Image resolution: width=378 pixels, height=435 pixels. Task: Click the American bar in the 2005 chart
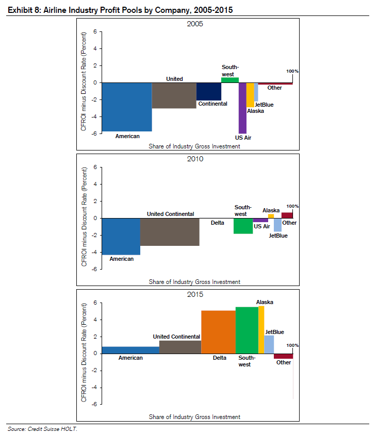click(x=126, y=107)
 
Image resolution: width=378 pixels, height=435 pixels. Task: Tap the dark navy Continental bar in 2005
click(x=209, y=91)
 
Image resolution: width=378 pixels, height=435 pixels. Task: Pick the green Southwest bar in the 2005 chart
click(x=230, y=80)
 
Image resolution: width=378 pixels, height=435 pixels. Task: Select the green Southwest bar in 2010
click(x=243, y=226)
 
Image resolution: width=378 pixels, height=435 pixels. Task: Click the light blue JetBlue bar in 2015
click(x=269, y=344)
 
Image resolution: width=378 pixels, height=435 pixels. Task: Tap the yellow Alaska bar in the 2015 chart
click(x=261, y=329)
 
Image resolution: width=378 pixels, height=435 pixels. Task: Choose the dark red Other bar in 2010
click(x=287, y=215)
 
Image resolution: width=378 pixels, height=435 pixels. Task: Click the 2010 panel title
click(x=195, y=159)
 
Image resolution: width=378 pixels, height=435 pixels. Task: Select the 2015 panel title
click(x=195, y=294)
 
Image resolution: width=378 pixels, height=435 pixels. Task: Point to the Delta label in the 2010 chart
click(x=218, y=223)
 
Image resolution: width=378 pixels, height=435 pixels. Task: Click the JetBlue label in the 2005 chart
click(x=264, y=105)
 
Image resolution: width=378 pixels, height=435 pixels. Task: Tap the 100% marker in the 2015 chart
click(x=292, y=345)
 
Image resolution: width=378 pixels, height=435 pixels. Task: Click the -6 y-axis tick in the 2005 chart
click(x=94, y=133)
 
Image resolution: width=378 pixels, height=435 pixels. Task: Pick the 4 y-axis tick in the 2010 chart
click(x=94, y=184)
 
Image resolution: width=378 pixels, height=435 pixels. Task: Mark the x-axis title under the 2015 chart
click(x=194, y=416)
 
